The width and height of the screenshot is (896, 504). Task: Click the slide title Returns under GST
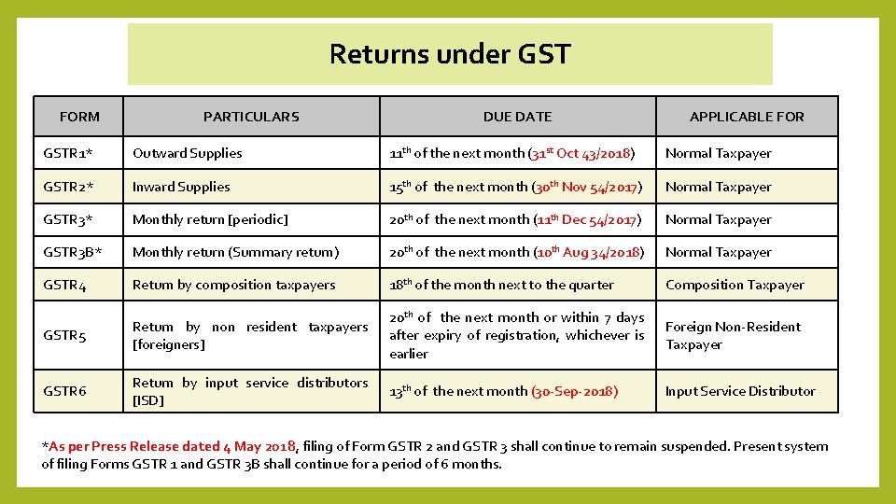(449, 54)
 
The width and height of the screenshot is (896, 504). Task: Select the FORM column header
(79, 117)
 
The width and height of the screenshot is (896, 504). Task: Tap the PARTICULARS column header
(251, 117)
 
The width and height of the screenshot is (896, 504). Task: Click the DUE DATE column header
(517, 117)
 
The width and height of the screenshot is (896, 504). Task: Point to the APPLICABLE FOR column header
(747, 117)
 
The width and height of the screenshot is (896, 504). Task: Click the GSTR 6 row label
(64, 391)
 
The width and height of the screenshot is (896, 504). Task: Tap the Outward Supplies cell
(187, 153)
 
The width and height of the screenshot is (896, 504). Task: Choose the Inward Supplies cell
(181, 187)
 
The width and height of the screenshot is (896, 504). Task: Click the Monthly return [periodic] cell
(210, 219)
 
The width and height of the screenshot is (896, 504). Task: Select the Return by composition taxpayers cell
(233, 285)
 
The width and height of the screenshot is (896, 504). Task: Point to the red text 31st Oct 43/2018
(581, 153)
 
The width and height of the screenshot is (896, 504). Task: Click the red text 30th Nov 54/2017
(586, 187)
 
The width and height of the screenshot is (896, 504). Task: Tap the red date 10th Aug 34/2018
(588, 252)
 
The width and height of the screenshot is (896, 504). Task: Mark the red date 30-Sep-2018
(574, 391)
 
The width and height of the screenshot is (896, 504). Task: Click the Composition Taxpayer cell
(735, 285)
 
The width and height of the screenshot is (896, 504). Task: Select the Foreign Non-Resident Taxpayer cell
(733, 335)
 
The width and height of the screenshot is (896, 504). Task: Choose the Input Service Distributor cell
(740, 391)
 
